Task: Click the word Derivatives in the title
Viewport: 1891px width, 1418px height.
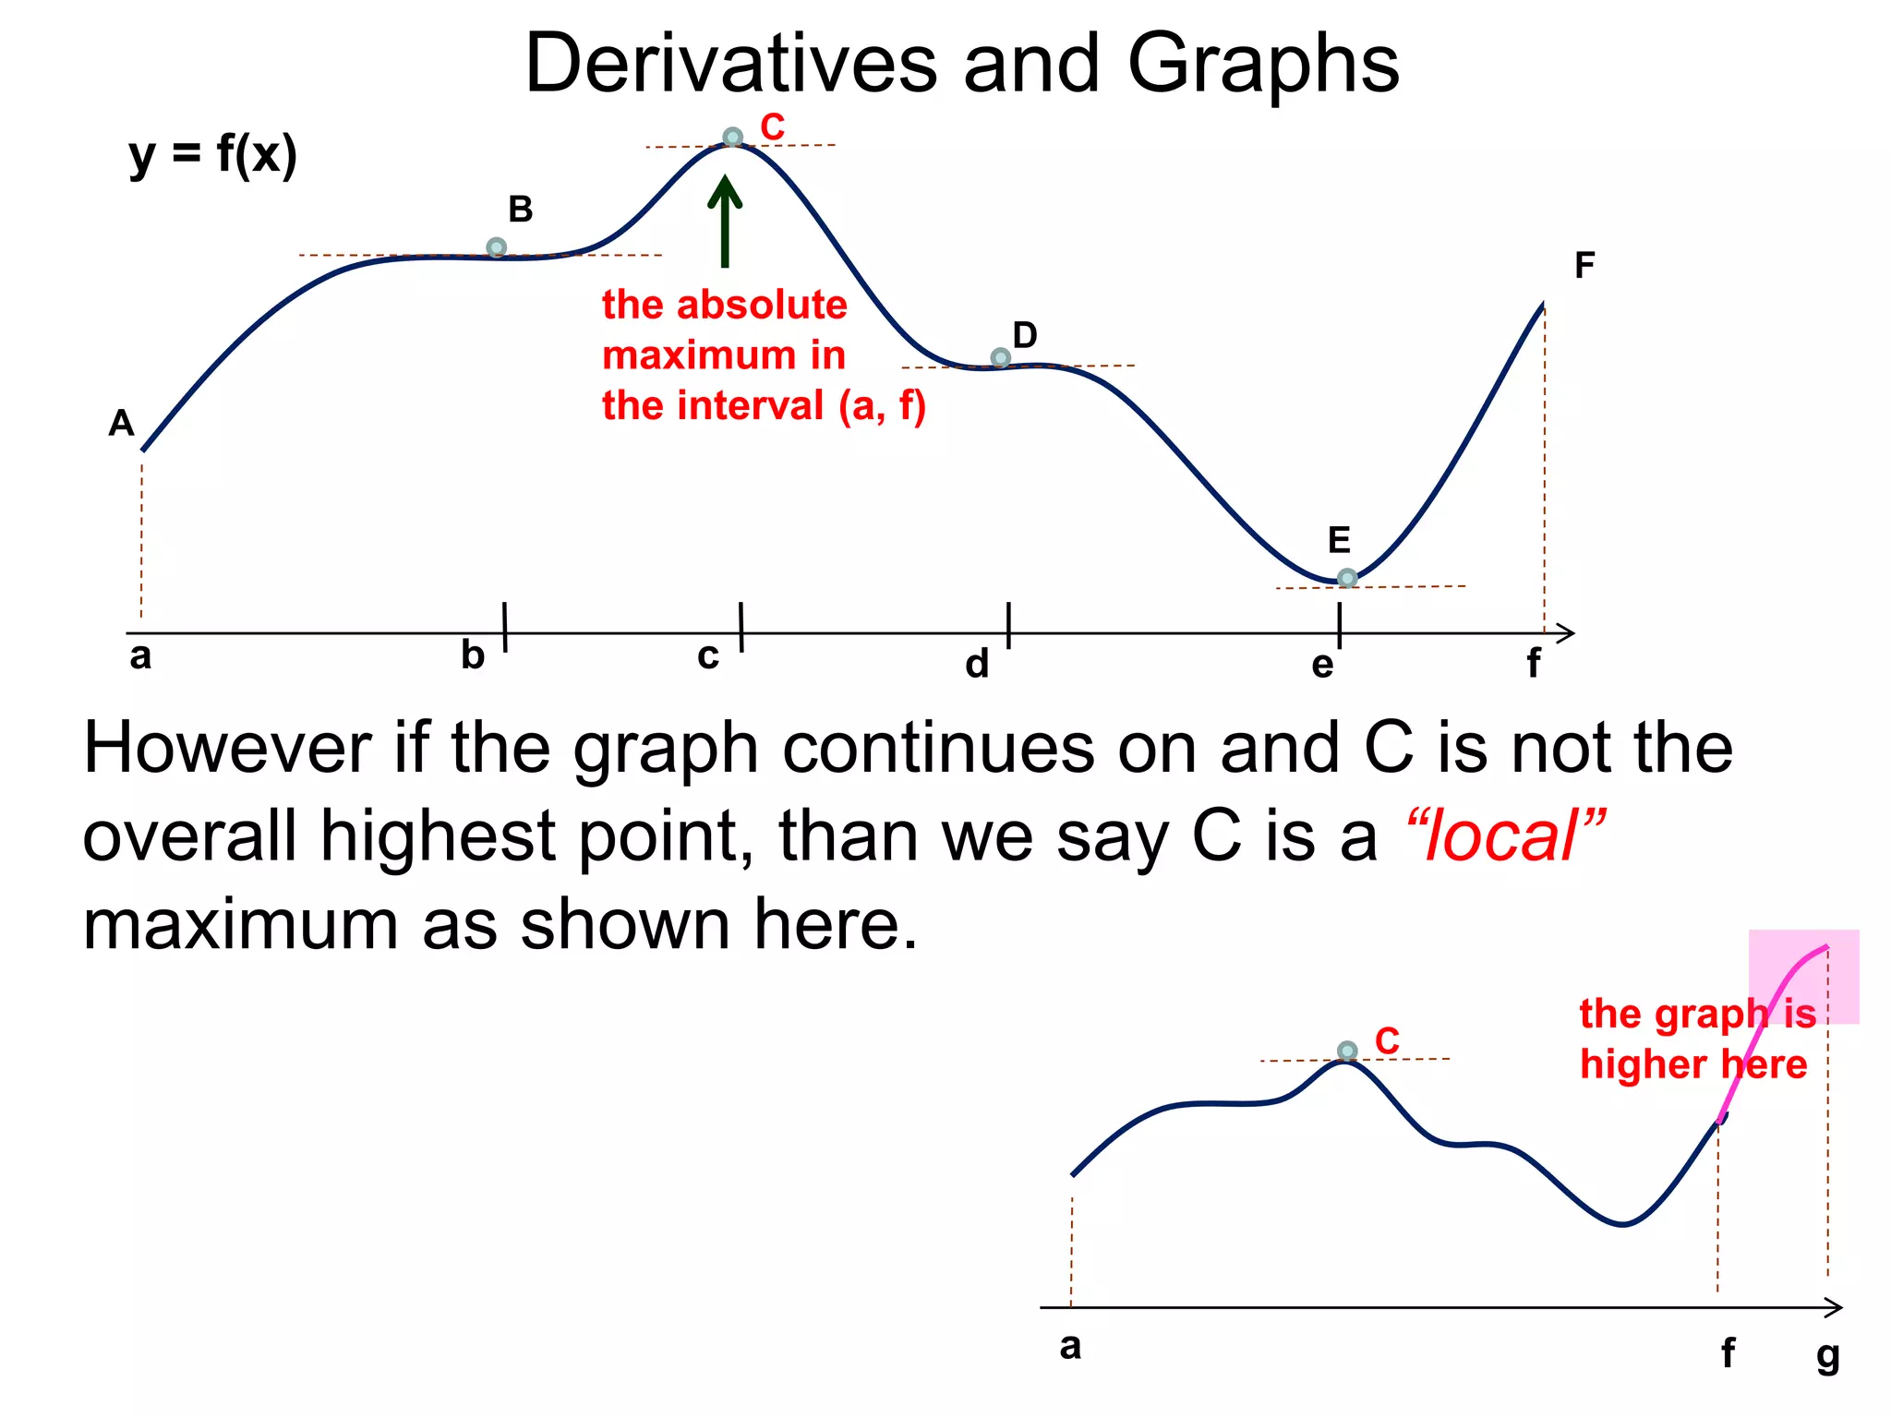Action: [x=730, y=64]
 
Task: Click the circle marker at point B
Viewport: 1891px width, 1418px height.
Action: [x=496, y=247]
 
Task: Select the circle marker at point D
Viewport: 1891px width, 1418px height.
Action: [x=1000, y=357]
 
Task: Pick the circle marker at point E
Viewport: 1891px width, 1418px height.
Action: [x=1347, y=578]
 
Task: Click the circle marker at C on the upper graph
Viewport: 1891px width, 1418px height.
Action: [x=732, y=138]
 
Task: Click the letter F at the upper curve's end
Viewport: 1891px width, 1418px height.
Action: [x=1584, y=266]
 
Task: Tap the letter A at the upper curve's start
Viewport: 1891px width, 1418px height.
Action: [x=121, y=424]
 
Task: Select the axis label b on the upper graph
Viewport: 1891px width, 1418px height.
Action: [x=473, y=655]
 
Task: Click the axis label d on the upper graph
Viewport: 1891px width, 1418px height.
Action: [x=977, y=664]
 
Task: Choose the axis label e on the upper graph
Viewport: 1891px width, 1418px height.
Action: [x=1322, y=665]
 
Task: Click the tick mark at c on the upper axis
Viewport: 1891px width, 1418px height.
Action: [x=741, y=628]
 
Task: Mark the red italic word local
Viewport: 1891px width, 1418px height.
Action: [x=1504, y=836]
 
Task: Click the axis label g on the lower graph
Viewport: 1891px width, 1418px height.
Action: [x=1827, y=1356]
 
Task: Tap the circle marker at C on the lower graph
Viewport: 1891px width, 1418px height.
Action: [x=1347, y=1051]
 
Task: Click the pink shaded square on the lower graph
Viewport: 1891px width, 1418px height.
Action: [x=1803, y=976]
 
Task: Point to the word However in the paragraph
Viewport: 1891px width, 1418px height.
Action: [x=227, y=748]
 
